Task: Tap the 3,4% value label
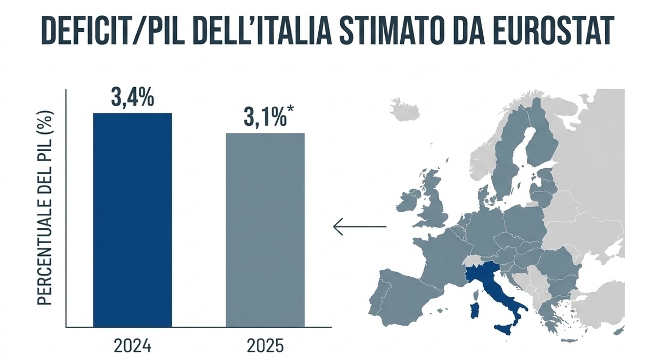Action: tap(132, 98)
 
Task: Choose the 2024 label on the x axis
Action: tap(132, 346)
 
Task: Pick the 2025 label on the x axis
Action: tap(265, 346)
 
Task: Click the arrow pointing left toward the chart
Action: tap(359, 226)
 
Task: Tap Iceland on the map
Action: tap(404, 109)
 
